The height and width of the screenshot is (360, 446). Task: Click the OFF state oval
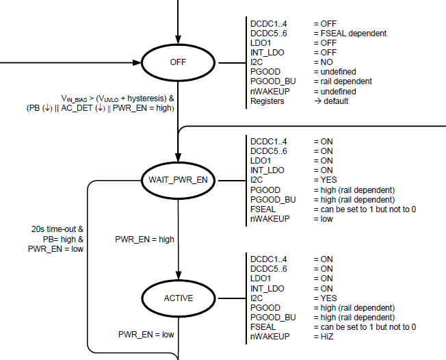pos(177,63)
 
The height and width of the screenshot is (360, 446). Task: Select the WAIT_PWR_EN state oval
pos(177,180)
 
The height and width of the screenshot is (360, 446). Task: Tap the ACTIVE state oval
pos(178,298)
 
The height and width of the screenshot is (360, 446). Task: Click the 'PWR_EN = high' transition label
pos(144,239)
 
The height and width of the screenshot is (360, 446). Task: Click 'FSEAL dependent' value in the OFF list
pos(350,33)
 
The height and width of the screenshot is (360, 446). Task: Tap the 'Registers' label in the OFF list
pos(268,101)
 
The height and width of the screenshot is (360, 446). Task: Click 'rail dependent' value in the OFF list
pos(345,81)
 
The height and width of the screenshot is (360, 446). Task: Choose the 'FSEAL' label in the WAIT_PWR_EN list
pos(263,209)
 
